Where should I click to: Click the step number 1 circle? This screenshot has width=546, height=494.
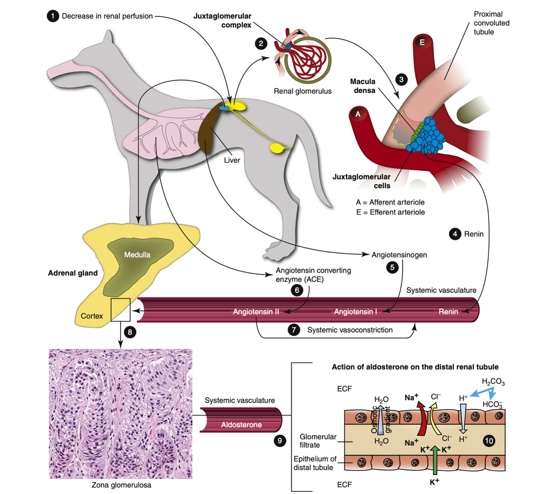pyautogui.click(x=53, y=16)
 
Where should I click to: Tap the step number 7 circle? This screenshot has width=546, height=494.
pyautogui.click(x=294, y=330)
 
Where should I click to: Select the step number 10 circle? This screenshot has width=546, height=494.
pyautogui.click(x=489, y=441)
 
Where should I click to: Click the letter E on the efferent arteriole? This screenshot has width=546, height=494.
pyautogui.click(x=422, y=42)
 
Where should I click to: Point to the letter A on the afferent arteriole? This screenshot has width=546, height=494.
pyautogui.click(x=358, y=114)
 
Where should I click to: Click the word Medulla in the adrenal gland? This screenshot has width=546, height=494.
pyautogui.click(x=137, y=255)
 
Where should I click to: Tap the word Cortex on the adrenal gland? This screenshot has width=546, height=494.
pyautogui.click(x=92, y=316)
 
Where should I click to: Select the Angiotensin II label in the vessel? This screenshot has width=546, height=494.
pyautogui.click(x=256, y=312)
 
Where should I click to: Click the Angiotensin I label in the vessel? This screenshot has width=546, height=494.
pyautogui.click(x=355, y=312)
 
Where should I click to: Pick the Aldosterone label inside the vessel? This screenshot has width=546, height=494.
pyautogui.click(x=241, y=425)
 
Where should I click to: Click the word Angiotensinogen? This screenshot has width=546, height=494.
pyautogui.click(x=399, y=255)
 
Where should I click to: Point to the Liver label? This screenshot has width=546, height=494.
pyautogui.click(x=232, y=160)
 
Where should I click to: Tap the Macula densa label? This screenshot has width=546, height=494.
pyautogui.click(x=363, y=86)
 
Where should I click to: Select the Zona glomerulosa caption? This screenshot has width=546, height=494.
pyautogui.click(x=121, y=485)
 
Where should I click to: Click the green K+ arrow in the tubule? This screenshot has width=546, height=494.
pyautogui.click(x=435, y=460)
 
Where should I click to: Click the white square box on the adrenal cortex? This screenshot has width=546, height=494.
pyautogui.click(x=120, y=310)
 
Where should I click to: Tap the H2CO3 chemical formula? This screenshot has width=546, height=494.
pyautogui.click(x=493, y=382)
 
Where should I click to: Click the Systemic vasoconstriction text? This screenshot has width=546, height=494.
pyautogui.click(x=350, y=330)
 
